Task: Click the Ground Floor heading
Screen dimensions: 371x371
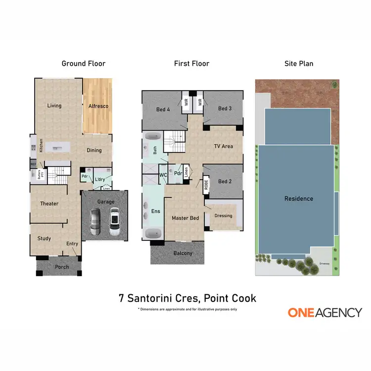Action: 83,63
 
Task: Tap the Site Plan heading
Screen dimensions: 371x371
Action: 298,63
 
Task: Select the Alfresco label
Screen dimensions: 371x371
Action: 98,106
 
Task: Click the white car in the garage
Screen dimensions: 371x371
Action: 115,221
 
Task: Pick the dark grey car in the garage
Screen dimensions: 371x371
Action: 95,222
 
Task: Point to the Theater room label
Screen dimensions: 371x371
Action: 49,203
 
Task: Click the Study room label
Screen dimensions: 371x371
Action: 45,238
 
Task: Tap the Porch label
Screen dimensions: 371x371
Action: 62,267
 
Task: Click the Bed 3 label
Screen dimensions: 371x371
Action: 225,108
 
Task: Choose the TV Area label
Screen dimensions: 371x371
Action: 223,146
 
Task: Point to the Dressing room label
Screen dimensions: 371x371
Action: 223,215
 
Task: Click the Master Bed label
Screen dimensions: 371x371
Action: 185,218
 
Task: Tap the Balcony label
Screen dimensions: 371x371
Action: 183,253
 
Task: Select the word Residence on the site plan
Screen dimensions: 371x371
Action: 298,198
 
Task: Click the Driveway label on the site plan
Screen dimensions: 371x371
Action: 325,263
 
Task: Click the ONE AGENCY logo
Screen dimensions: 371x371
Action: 325,312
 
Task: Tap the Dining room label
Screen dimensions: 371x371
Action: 94,150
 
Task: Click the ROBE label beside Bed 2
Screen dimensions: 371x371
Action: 206,184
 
